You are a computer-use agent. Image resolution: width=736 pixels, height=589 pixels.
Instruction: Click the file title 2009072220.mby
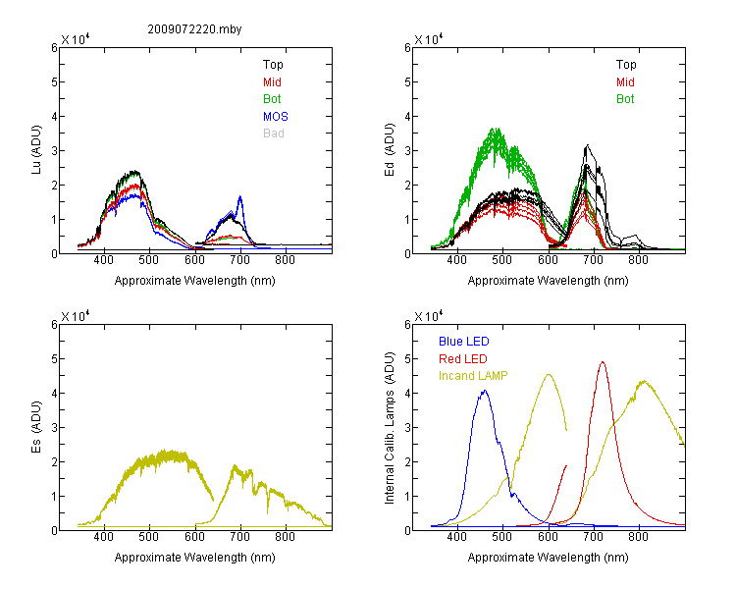(194, 29)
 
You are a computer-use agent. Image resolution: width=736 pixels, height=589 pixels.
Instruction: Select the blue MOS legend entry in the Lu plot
(276, 116)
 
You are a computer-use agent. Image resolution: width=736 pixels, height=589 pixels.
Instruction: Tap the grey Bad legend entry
(274, 134)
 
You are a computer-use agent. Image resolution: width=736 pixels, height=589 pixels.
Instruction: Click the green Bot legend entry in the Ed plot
(625, 99)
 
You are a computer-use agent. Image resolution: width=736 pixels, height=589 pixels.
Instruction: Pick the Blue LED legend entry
(464, 342)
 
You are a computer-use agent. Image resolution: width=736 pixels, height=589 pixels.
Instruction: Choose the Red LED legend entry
(463, 359)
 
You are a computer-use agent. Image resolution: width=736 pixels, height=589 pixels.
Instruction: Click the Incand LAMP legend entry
(473, 376)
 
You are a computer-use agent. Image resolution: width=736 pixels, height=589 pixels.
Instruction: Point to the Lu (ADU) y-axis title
(36, 149)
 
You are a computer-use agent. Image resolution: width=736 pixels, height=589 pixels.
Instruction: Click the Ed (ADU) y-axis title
(390, 150)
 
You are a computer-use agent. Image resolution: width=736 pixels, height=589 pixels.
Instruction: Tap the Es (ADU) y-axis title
(36, 426)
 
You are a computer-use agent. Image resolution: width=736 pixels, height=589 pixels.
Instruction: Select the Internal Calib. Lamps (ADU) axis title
(390, 428)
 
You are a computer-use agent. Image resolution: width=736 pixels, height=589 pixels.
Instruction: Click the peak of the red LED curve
(603, 362)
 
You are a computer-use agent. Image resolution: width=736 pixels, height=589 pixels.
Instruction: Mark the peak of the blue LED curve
(485, 391)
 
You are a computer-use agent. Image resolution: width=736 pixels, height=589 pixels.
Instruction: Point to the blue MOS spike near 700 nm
(240, 196)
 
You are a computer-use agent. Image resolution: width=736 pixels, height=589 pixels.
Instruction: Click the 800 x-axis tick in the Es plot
(285, 536)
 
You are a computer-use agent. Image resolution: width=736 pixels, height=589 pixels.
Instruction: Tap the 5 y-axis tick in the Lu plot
(54, 82)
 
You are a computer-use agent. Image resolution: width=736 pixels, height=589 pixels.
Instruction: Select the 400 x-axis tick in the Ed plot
(456, 260)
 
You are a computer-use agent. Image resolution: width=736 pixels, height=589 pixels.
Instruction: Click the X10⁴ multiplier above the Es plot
(76, 316)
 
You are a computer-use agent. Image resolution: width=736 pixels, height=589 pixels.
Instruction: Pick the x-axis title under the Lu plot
(195, 281)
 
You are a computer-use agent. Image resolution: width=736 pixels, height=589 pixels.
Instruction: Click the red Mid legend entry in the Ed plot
(625, 82)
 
